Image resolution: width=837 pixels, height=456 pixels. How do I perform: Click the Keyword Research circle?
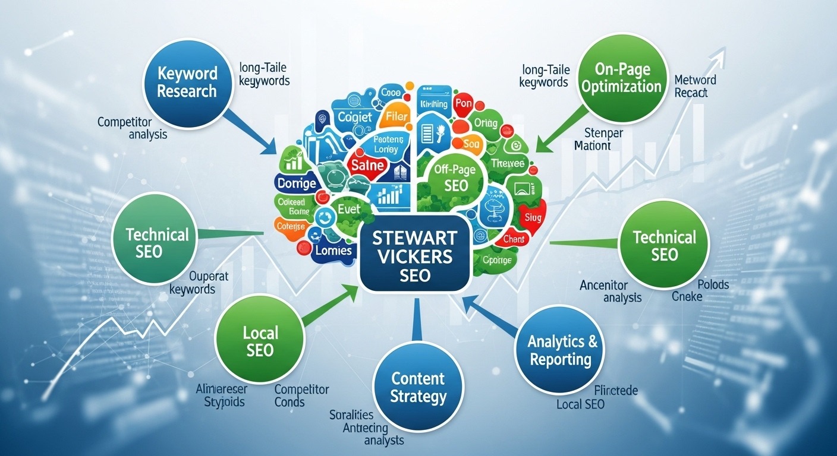pyautogui.click(x=187, y=83)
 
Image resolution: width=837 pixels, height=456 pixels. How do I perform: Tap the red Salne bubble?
pyautogui.click(x=367, y=164)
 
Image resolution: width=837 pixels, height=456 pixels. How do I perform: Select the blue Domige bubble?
pyautogui.click(x=297, y=183)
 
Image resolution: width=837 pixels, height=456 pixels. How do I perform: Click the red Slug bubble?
pyautogui.click(x=530, y=218)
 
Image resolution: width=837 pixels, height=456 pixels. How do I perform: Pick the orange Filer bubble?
pyautogui.click(x=397, y=116)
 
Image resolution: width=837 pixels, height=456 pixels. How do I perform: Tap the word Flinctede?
pyautogui.click(x=616, y=391)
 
